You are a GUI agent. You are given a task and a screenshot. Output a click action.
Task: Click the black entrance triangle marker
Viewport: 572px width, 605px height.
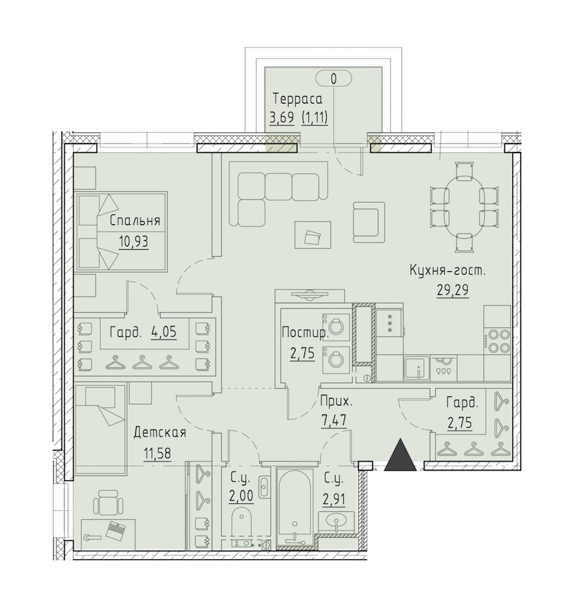tap(400, 455)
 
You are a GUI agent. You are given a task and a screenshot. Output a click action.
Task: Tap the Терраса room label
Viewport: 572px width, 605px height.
tap(297, 99)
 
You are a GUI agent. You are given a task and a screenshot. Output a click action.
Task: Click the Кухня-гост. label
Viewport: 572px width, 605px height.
tap(447, 271)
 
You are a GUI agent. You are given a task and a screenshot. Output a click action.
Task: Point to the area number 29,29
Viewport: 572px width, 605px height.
tap(453, 290)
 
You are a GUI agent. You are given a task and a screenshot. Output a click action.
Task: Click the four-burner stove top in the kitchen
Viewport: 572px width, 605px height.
tap(498, 341)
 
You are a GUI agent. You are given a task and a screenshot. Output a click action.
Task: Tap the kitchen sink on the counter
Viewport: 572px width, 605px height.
tap(417, 369)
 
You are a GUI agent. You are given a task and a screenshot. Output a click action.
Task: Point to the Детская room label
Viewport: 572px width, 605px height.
tap(160, 433)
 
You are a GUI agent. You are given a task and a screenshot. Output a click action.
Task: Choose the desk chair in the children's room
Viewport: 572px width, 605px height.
tap(108, 502)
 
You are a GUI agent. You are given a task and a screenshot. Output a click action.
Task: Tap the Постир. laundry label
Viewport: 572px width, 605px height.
tap(305, 332)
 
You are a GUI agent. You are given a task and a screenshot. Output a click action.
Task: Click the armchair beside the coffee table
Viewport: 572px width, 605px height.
tap(369, 222)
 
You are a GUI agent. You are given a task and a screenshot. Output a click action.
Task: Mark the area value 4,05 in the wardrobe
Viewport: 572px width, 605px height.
tap(164, 332)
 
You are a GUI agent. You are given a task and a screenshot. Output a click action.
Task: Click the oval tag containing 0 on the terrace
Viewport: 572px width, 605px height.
tap(334, 79)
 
